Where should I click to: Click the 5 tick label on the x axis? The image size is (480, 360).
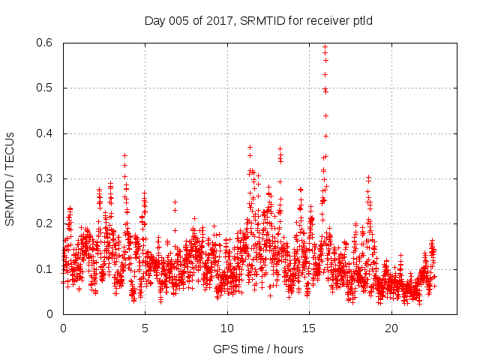tap(145, 328)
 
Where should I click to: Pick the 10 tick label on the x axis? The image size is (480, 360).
tap(227, 328)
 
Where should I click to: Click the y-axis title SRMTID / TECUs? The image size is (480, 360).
tap(10, 178)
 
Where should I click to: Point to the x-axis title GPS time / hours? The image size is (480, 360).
tap(258, 349)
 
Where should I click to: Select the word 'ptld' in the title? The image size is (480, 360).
tap(362, 20)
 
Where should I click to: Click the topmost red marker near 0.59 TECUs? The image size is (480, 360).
tap(325, 46)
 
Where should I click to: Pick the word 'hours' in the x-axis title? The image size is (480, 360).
tap(287, 349)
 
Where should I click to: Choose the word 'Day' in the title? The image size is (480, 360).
tap(155, 20)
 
